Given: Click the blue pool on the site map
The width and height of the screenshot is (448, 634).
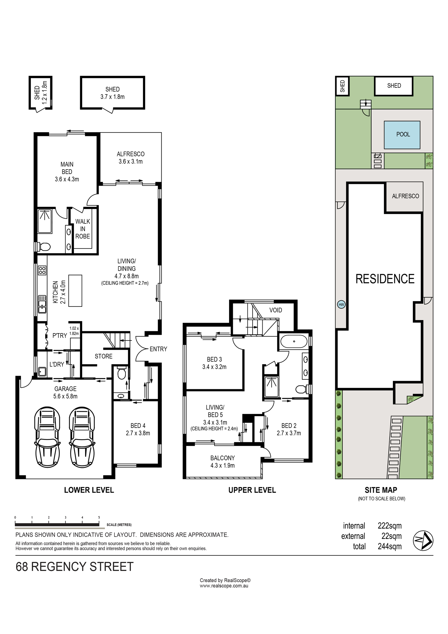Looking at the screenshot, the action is tap(402, 135).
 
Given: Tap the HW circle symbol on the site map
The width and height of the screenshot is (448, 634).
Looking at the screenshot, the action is tap(341, 305).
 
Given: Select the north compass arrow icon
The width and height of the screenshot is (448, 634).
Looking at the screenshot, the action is tap(423, 540).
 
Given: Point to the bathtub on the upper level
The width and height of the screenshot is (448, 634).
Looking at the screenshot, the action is tap(294, 341).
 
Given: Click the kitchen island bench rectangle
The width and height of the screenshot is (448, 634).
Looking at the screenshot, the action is tap(75, 291).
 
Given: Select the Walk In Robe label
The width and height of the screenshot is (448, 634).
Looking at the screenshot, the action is tap(82, 229).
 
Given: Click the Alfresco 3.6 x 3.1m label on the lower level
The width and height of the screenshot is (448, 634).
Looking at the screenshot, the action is tap(131, 158).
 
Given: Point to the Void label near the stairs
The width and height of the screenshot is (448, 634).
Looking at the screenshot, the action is tap(276, 310).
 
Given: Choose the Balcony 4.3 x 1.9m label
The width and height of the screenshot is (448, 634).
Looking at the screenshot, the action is tap(222, 462).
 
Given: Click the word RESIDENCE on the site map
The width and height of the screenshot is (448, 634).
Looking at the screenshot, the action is tap(385, 279).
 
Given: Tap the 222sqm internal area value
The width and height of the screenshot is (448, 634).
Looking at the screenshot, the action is tap(390, 526).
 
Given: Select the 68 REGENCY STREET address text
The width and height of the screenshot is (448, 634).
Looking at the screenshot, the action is tap(74, 566).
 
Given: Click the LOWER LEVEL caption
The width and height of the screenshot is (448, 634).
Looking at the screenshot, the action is tap(89, 490).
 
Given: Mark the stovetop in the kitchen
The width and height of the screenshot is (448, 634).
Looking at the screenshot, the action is tap(42, 270).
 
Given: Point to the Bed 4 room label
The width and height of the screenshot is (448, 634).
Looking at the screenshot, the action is tap(138, 430).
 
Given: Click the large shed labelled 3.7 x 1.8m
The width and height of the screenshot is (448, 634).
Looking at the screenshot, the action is tap(112, 93).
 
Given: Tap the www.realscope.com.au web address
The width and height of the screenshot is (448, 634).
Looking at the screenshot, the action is tap(224, 586).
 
